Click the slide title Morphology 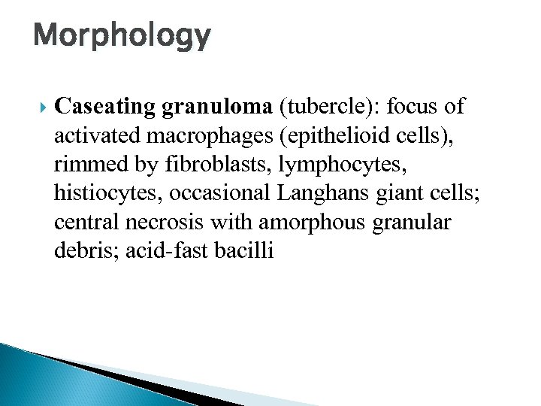click(122, 36)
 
